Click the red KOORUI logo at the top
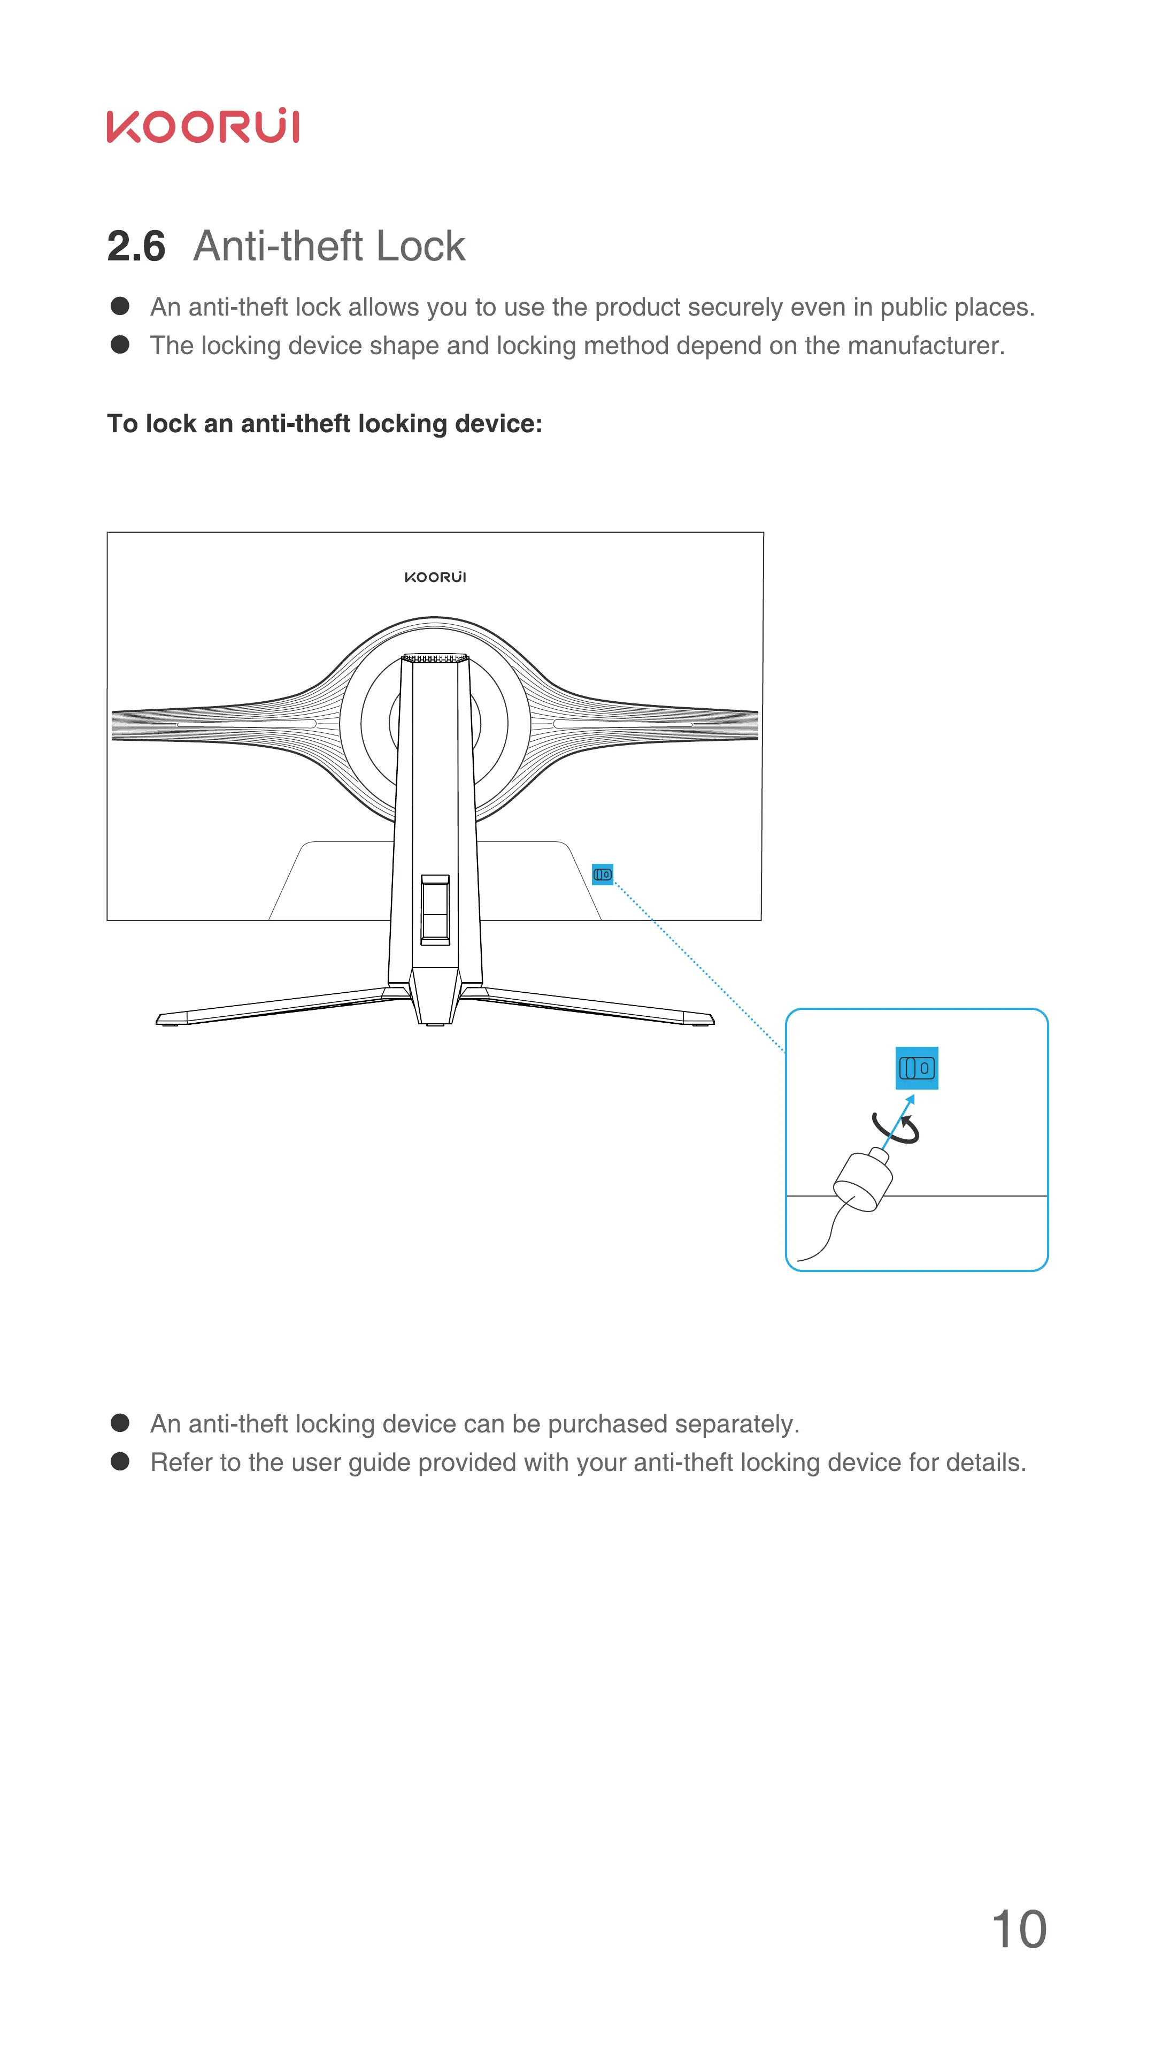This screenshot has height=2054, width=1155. pyautogui.click(x=203, y=126)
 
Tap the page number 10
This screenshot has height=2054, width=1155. pyautogui.click(x=1018, y=1929)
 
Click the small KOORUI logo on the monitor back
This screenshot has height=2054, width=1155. pyautogui.click(x=435, y=577)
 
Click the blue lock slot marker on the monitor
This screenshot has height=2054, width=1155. pyautogui.click(x=603, y=874)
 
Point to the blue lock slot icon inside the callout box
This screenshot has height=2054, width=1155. pyautogui.click(x=916, y=1068)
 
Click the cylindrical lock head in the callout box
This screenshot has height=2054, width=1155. pyautogui.click(x=863, y=1182)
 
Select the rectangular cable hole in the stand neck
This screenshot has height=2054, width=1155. pyautogui.click(x=435, y=909)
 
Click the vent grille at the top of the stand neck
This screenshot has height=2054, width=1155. pyautogui.click(x=435, y=658)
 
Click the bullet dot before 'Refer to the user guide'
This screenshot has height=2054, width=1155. pyautogui.click(x=120, y=1461)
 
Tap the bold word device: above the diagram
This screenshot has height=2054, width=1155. pyautogui.click(x=498, y=424)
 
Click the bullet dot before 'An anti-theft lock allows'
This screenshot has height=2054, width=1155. pyautogui.click(x=120, y=306)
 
